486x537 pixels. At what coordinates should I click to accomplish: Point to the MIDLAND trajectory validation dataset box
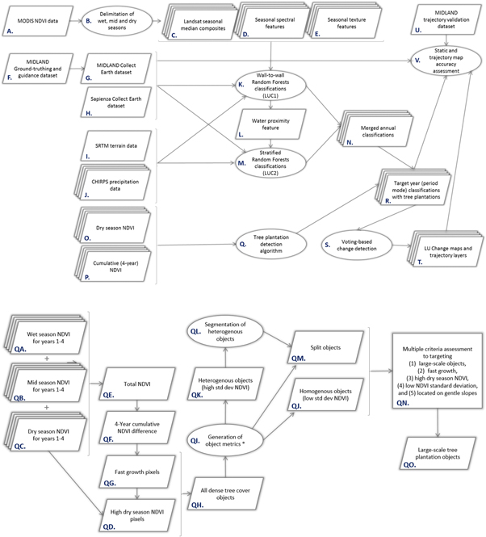[442, 19]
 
